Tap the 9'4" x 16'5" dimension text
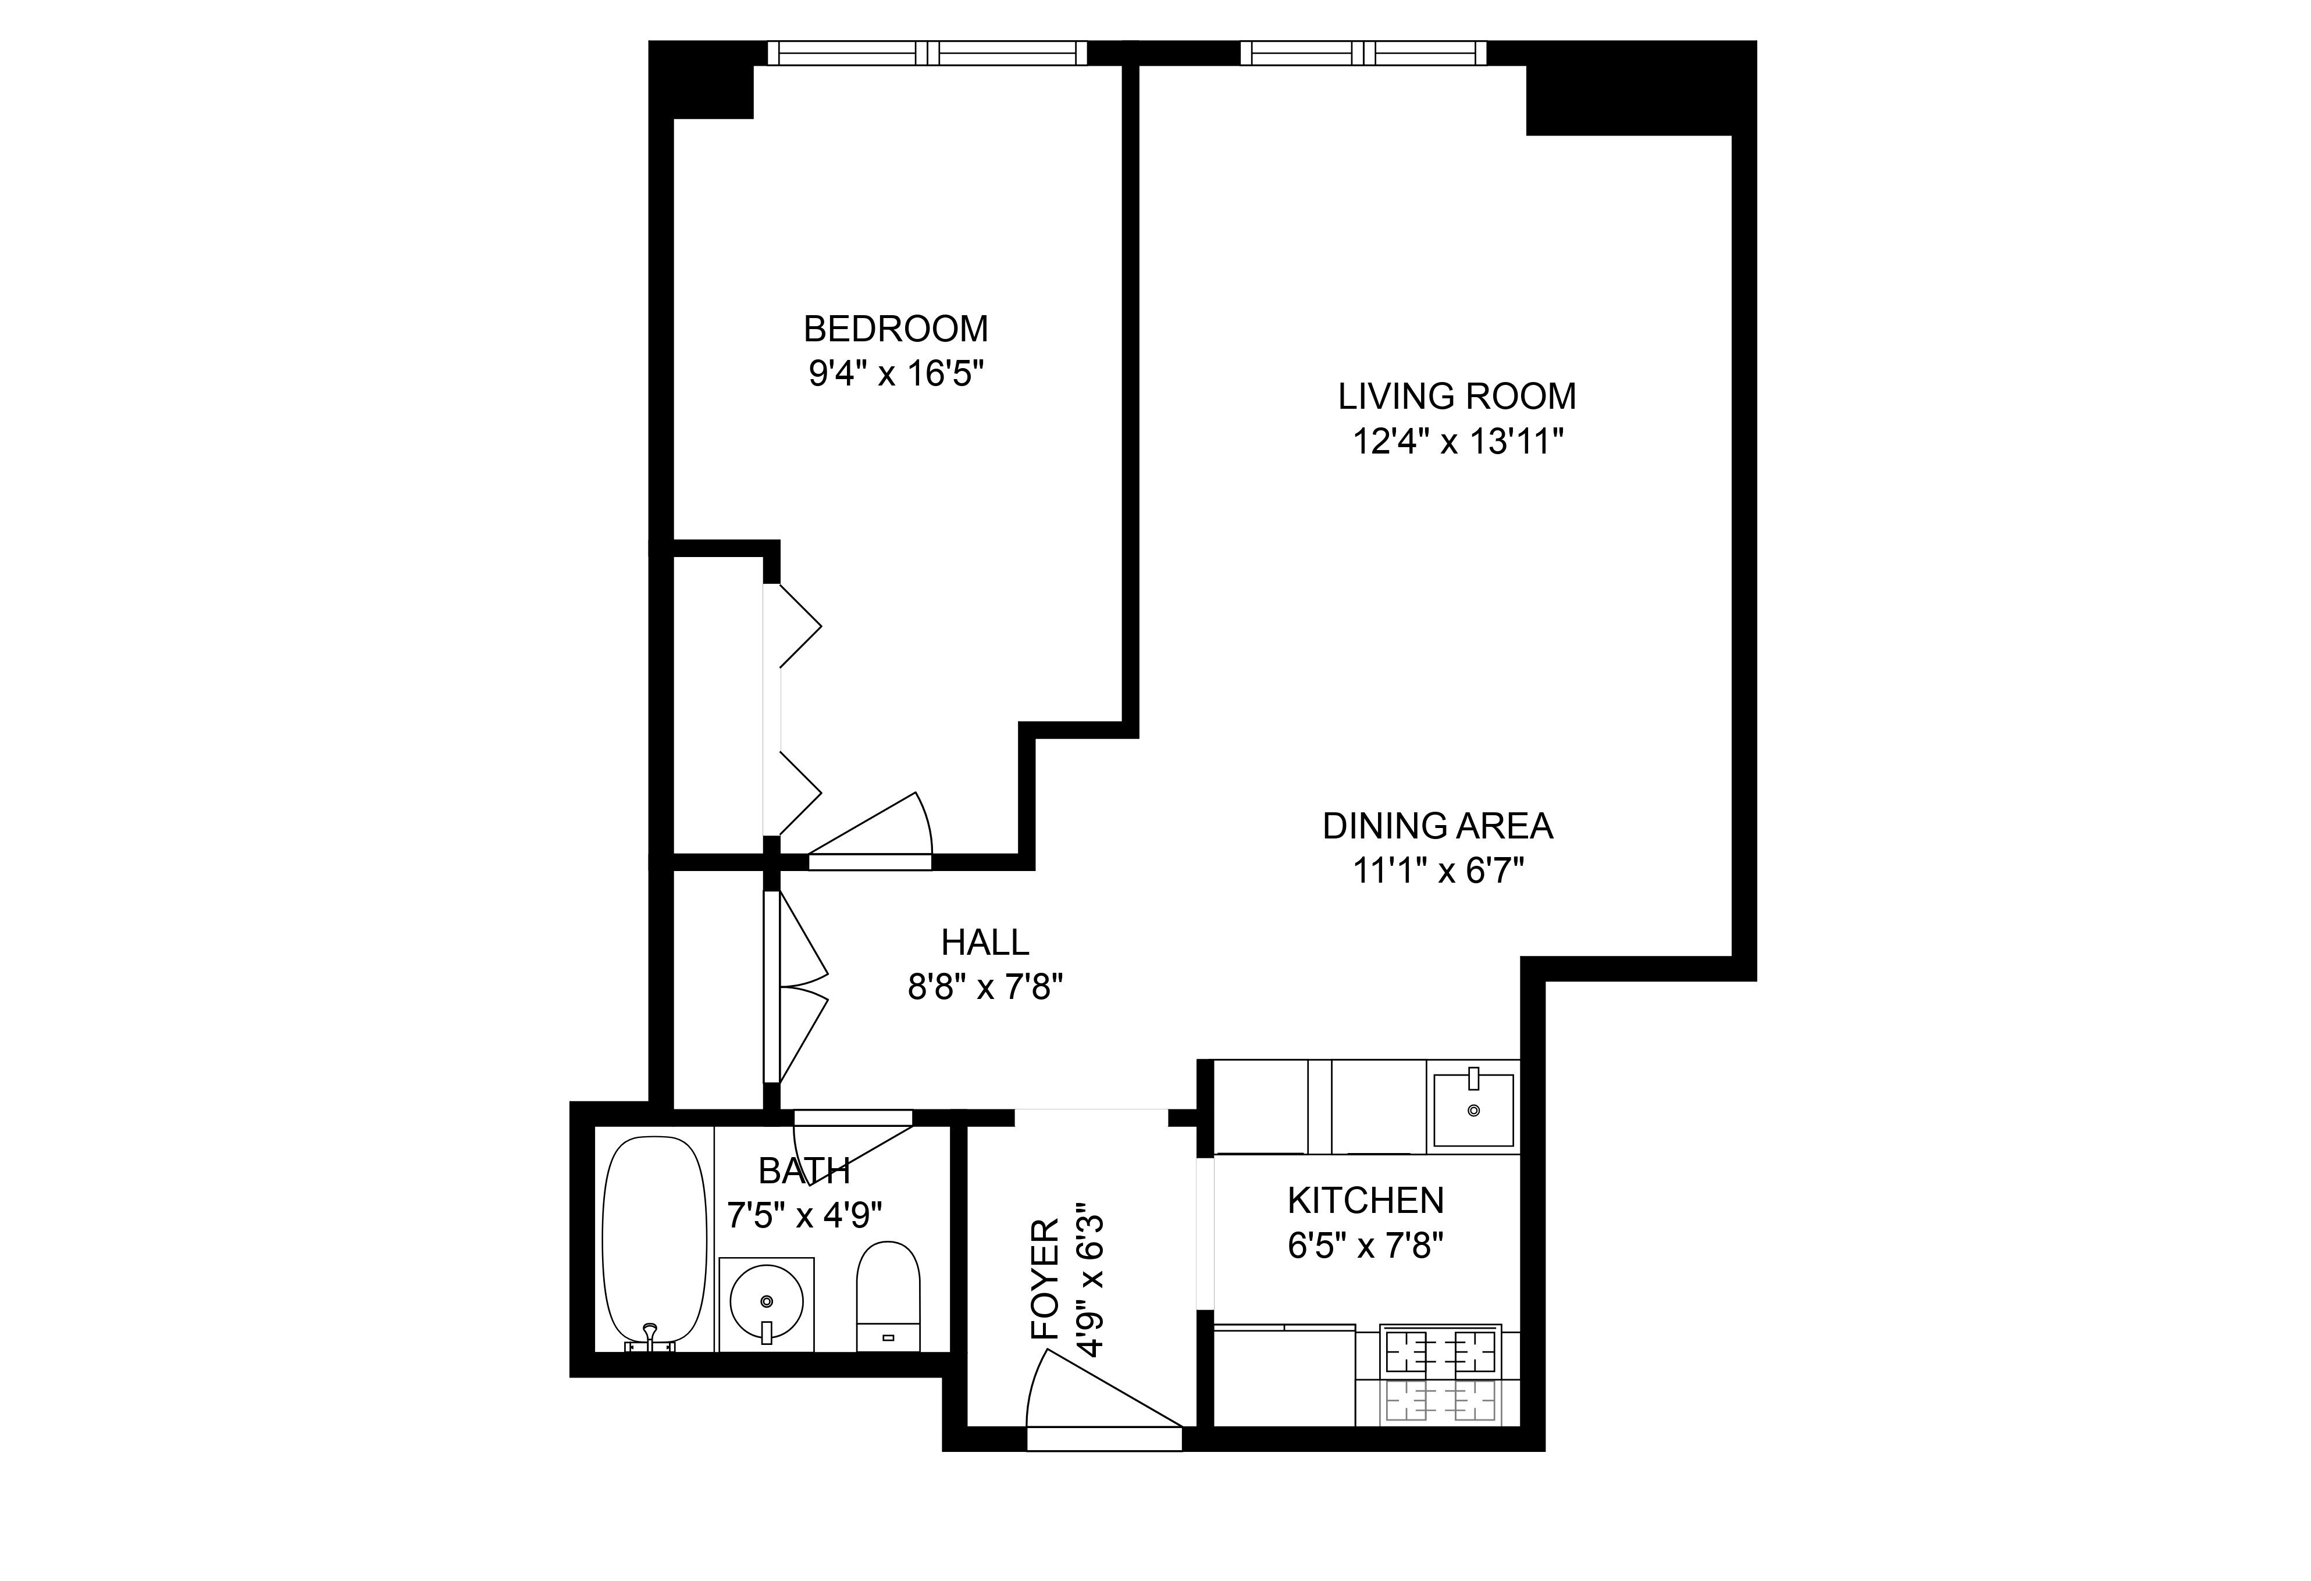click(x=895, y=375)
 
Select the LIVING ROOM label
click(x=1456, y=397)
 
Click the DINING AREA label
click(x=1437, y=826)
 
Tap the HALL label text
click(x=984, y=941)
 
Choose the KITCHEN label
click(x=1365, y=1201)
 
